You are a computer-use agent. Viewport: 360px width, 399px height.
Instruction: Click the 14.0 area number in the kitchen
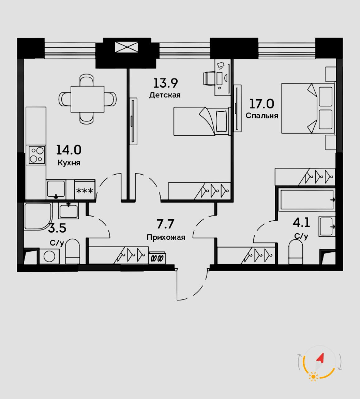(x=69, y=150)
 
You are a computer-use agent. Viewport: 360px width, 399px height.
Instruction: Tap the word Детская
(x=165, y=95)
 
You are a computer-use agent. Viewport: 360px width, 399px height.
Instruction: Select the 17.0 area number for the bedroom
(x=262, y=104)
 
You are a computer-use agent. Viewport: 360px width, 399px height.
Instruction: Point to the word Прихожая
(x=166, y=237)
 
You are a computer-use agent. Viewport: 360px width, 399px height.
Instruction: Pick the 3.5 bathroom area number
(x=57, y=228)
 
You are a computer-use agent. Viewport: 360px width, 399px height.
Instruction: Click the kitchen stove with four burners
(x=37, y=155)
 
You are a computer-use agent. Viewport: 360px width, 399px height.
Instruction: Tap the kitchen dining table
(x=88, y=99)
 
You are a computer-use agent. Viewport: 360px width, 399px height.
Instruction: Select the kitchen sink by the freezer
(x=56, y=189)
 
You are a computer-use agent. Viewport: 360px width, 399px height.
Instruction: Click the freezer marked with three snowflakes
(x=85, y=190)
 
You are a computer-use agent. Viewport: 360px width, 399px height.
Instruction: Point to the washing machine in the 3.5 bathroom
(x=49, y=256)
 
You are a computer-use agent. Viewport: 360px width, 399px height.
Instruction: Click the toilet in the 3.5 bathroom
(x=72, y=252)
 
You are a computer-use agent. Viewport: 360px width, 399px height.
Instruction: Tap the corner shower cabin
(x=38, y=216)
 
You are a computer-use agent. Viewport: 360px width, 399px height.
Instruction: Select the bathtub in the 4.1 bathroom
(x=307, y=199)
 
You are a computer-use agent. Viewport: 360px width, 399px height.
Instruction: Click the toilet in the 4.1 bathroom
(x=296, y=252)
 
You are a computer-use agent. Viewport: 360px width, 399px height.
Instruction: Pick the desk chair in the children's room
(x=209, y=78)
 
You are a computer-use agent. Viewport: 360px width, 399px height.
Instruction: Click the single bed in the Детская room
(x=202, y=121)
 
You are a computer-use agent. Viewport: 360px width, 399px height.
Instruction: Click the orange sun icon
(x=314, y=377)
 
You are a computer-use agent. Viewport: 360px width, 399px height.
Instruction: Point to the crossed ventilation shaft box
(x=126, y=47)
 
